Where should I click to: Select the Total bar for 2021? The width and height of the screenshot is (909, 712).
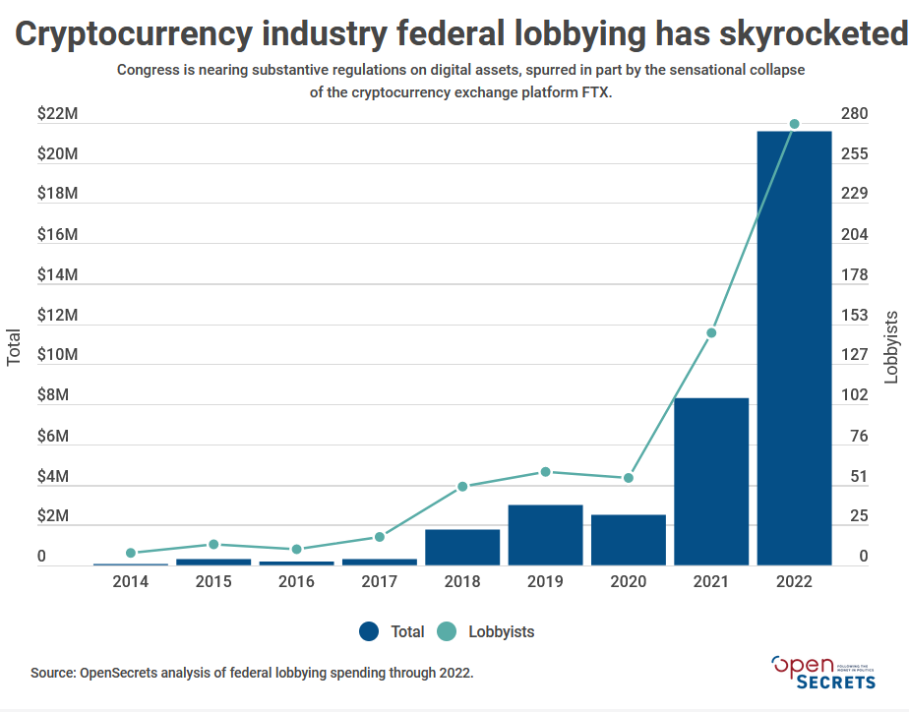click(711, 482)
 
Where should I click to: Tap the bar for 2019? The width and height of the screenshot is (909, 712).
click(545, 535)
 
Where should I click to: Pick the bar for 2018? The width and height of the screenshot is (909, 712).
click(462, 547)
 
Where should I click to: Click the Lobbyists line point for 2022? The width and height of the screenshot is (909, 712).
click(794, 124)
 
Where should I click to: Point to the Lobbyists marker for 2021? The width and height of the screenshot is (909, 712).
click(711, 332)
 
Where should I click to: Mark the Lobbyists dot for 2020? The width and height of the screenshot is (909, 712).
click(629, 478)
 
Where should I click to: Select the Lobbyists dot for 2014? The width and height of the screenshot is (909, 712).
click(131, 553)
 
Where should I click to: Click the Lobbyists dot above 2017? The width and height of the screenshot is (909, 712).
click(380, 537)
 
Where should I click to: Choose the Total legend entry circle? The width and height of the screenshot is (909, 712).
click(370, 631)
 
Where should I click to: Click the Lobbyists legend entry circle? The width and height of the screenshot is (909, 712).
click(447, 631)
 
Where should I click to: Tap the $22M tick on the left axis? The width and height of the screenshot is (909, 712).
click(57, 114)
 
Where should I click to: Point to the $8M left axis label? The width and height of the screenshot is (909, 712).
click(55, 395)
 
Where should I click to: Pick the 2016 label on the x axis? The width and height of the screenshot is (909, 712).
click(296, 581)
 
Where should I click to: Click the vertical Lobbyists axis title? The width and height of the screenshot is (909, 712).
click(891, 346)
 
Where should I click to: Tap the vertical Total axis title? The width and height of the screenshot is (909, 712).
click(14, 346)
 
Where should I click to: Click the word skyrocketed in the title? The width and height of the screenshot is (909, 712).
click(789, 34)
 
